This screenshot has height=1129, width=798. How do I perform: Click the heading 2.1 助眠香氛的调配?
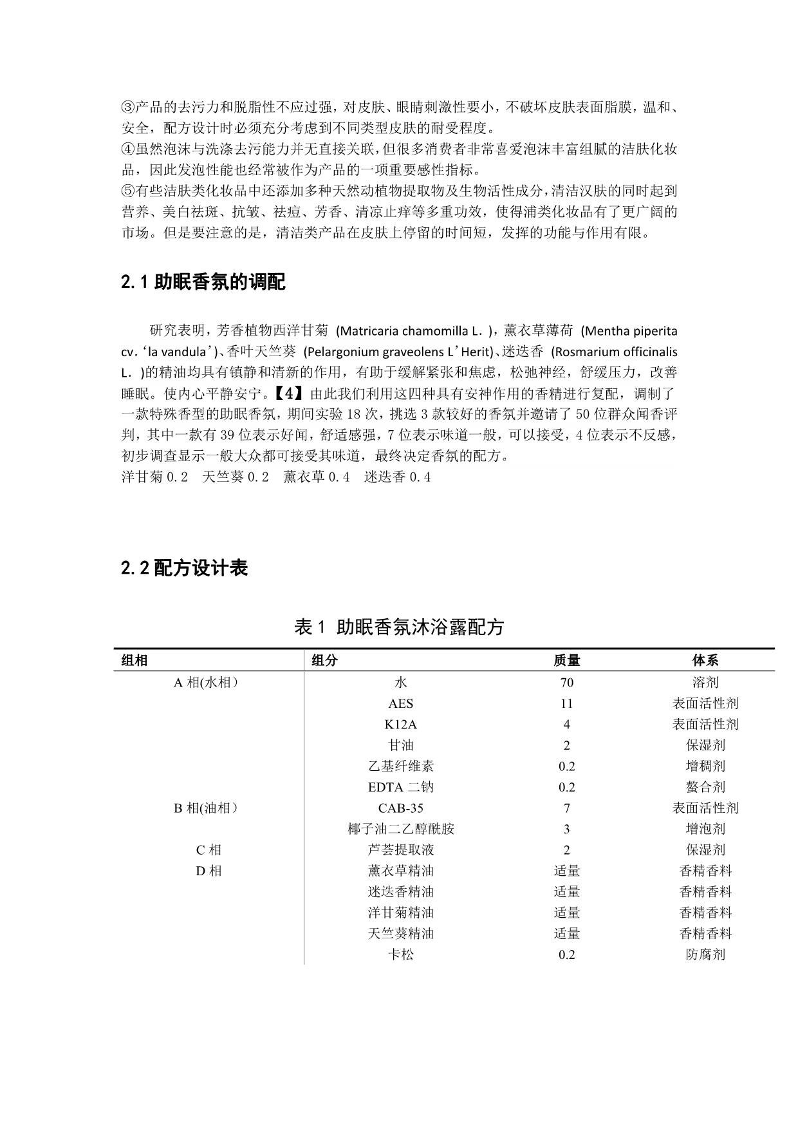click(203, 282)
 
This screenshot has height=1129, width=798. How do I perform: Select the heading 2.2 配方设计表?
click(184, 568)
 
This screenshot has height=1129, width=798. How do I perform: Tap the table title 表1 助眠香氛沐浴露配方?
click(398, 627)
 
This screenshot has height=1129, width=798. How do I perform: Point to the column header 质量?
click(566, 660)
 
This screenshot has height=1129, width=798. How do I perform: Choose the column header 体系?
click(705, 660)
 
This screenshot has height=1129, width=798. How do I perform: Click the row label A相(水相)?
click(207, 683)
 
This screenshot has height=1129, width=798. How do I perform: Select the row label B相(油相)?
click(207, 808)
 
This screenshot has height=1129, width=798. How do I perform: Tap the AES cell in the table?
click(400, 704)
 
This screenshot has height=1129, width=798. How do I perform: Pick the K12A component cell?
click(400, 725)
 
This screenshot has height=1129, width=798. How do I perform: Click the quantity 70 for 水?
click(566, 683)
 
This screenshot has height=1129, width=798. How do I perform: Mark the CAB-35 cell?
click(400, 808)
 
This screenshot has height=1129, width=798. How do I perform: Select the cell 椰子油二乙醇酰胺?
click(400, 829)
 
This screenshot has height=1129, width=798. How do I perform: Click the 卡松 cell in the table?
click(400, 954)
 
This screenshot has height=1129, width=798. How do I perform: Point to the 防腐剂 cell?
click(705, 954)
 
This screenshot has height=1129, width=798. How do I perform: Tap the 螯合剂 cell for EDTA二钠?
click(705, 787)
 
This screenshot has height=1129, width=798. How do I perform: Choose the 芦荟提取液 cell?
click(400, 850)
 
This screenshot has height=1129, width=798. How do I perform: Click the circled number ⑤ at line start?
click(127, 191)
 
